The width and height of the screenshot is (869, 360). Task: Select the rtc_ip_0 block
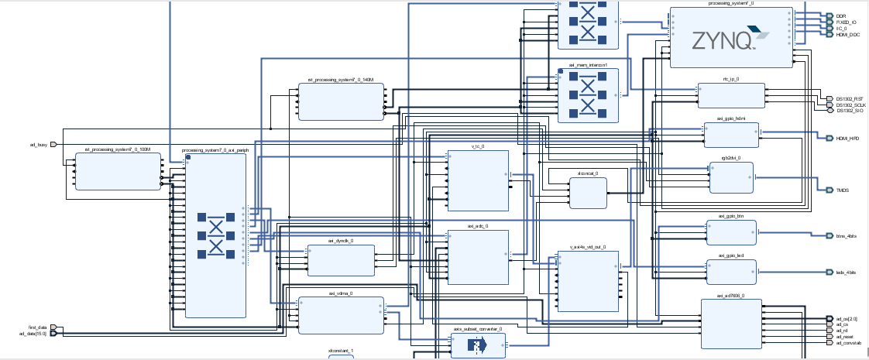[730, 95]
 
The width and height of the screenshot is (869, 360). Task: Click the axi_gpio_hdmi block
[731, 135]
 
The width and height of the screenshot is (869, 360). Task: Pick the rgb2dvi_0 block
[731, 177]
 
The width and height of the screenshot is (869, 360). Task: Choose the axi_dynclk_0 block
[341, 260]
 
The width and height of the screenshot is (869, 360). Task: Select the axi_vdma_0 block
[341, 315]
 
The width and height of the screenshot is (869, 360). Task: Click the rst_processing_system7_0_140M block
[341, 101]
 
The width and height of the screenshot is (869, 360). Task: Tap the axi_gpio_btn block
[731, 232]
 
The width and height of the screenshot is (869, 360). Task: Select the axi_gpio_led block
[731, 272]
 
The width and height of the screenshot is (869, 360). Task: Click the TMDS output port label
[843, 190]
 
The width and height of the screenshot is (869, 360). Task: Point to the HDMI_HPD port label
[848, 138]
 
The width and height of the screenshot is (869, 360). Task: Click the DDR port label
[840, 15]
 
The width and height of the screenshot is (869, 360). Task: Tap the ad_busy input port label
[38, 144]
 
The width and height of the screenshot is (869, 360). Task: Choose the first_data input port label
[38, 327]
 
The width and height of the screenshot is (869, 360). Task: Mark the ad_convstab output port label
[850, 343]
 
